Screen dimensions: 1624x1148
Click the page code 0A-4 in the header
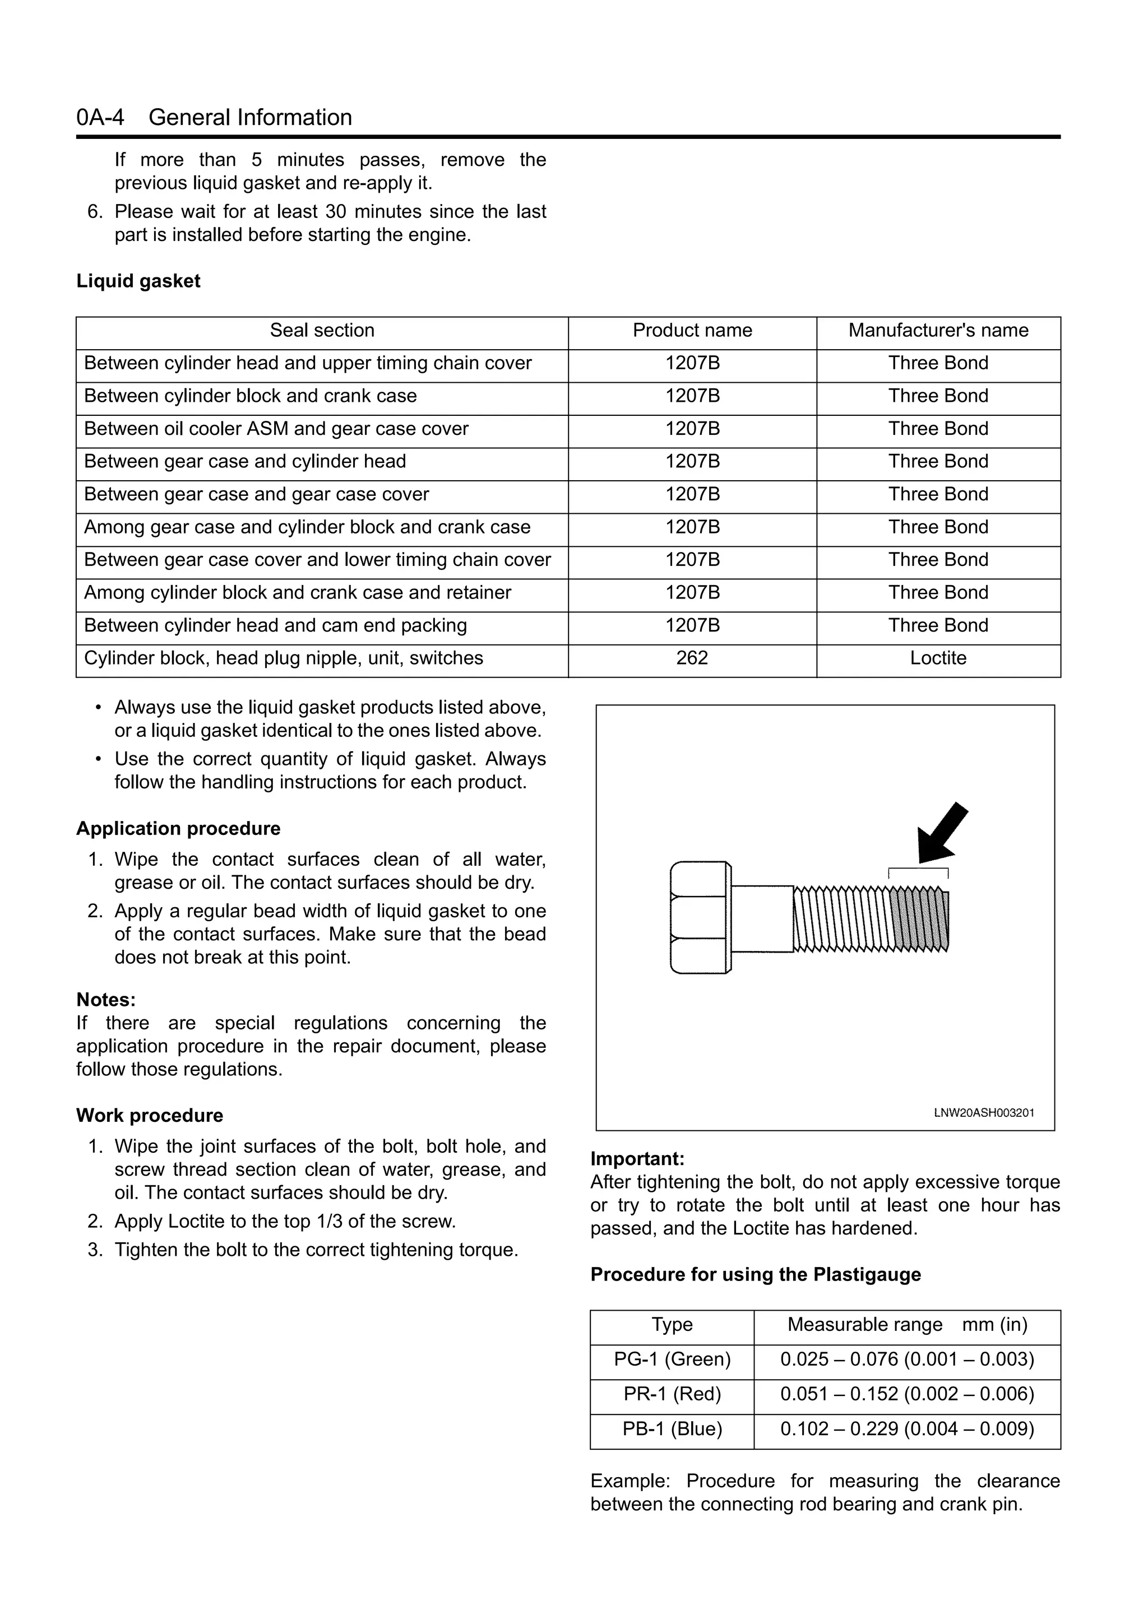[100, 118]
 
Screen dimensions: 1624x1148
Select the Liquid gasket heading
[138, 281]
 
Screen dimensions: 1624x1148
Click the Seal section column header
[322, 330]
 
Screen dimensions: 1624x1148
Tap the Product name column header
[692, 330]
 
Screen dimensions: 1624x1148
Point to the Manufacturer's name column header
[938, 330]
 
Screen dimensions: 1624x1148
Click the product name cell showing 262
[692, 658]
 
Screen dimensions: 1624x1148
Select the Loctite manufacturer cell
[938, 658]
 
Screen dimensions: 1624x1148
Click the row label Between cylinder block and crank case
[251, 396]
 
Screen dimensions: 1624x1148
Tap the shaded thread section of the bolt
[919, 920]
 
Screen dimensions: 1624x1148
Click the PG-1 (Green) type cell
[672, 1359]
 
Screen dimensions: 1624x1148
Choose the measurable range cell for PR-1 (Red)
[907, 1394]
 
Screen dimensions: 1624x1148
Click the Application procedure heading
[178, 829]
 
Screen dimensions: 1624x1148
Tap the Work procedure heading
[149, 1116]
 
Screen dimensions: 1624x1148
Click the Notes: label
[106, 1000]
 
